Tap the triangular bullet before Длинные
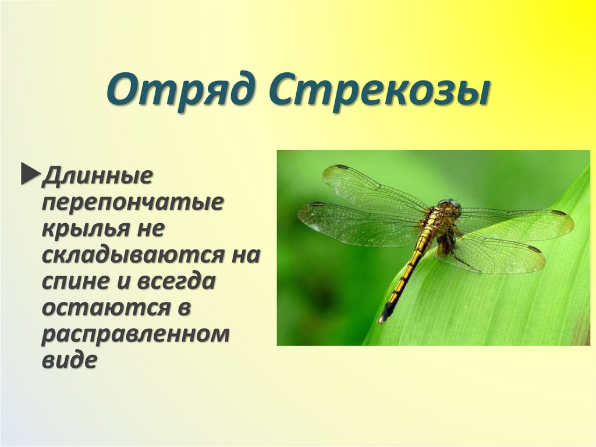click(x=29, y=175)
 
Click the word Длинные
click(x=97, y=175)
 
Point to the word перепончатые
click(x=133, y=202)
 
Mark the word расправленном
click(x=135, y=335)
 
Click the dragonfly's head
click(x=450, y=206)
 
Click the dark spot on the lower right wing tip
click(x=534, y=249)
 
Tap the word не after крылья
click(x=152, y=228)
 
